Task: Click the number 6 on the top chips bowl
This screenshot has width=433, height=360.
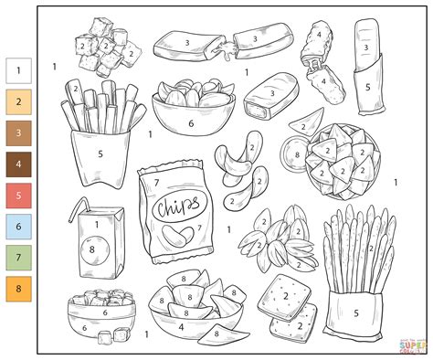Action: (x=191, y=123)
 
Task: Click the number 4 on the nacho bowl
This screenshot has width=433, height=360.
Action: (x=180, y=324)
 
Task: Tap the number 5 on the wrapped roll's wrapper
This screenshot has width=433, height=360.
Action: (x=367, y=89)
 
